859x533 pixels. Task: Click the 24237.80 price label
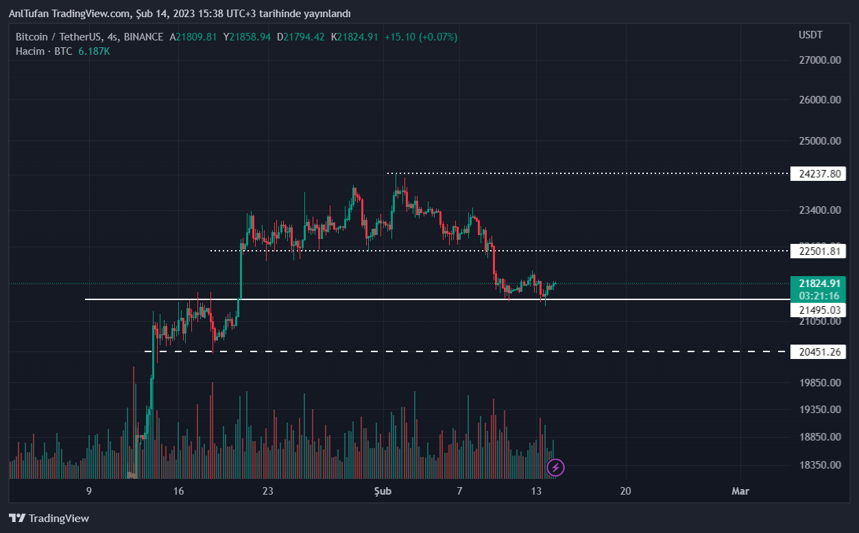[819, 173]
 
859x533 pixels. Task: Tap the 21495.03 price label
[819, 310]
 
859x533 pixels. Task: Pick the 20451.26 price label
[819, 352]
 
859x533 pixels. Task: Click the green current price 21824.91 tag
[819, 284]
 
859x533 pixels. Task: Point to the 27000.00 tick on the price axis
[819, 60]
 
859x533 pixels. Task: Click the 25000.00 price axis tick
[819, 141]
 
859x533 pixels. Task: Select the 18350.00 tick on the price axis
[819, 465]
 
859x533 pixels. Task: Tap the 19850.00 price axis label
[819, 383]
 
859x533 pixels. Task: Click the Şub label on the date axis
[383, 491]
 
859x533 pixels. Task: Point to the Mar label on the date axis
[740, 491]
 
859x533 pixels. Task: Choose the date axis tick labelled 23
[267, 491]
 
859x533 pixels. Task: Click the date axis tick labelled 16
[178, 491]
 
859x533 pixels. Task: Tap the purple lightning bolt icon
[556, 468]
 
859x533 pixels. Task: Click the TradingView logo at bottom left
[49, 519]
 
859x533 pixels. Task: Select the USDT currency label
[810, 35]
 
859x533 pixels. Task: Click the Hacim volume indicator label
[30, 51]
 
